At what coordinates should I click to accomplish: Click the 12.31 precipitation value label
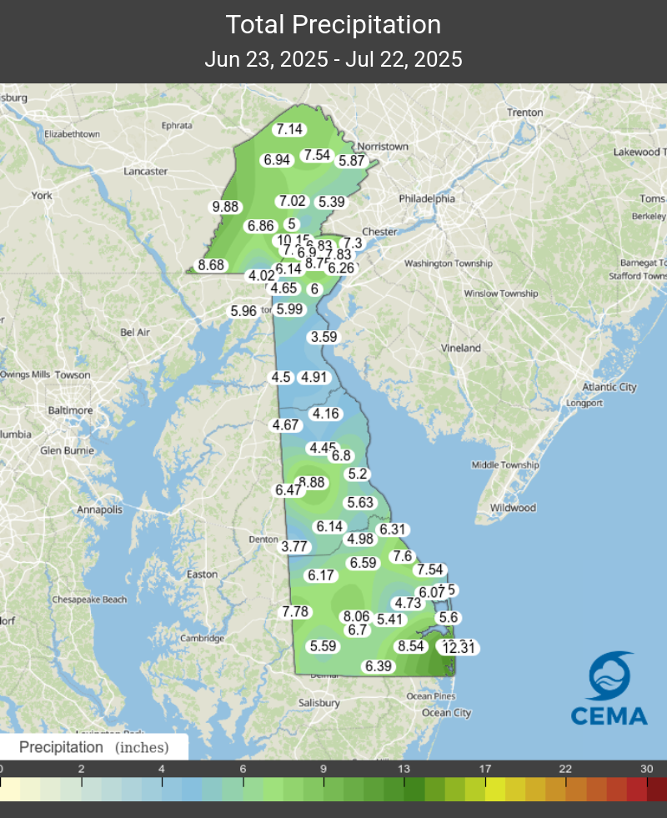pyautogui.click(x=461, y=648)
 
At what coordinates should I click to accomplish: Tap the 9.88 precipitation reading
pyautogui.click(x=225, y=207)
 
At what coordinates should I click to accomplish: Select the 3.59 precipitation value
pyautogui.click(x=323, y=337)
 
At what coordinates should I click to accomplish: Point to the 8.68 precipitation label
pyautogui.click(x=211, y=265)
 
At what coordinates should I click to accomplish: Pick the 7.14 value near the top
pyautogui.click(x=290, y=129)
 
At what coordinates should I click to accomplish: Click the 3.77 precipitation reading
pyautogui.click(x=294, y=547)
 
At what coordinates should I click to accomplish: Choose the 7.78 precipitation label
pyautogui.click(x=295, y=612)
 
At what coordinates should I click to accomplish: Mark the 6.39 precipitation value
pyautogui.click(x=379, y=665)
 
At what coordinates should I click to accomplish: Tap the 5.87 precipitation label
pyautogui.click(x=352, y=161)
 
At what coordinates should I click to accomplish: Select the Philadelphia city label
pyautogui.click(x=427, y=199)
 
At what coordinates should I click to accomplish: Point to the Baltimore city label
pyautogui.click(x=71, y=410)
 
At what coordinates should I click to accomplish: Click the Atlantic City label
pyautogui.click(x=609, y=387)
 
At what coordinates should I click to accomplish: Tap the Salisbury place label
pyautogui.click(x=319, y=703)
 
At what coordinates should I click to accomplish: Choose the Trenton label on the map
pyautogui.click(x=525, y=113)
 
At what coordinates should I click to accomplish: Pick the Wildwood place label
pyautogui.click(x=513, y=508)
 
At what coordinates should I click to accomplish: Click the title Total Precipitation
pyautogui.click(x=333, y=25)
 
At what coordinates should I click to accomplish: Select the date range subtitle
pyautogui.click(x=333, y=60)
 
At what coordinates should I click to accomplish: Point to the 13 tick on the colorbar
pyautogui.click(x=404, y=769)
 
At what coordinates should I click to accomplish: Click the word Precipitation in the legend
pyautogui.click(x=61, y=747)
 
